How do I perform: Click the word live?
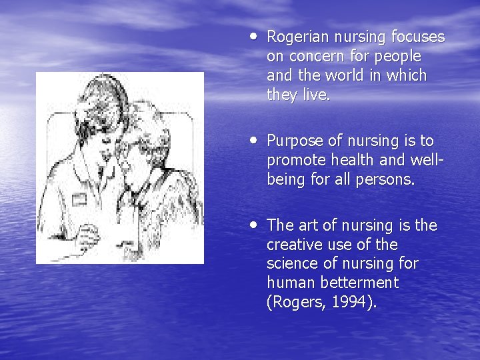[x=316, y=95]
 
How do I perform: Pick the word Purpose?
[x=293, y=141]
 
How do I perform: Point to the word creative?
[x=295, y=245]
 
